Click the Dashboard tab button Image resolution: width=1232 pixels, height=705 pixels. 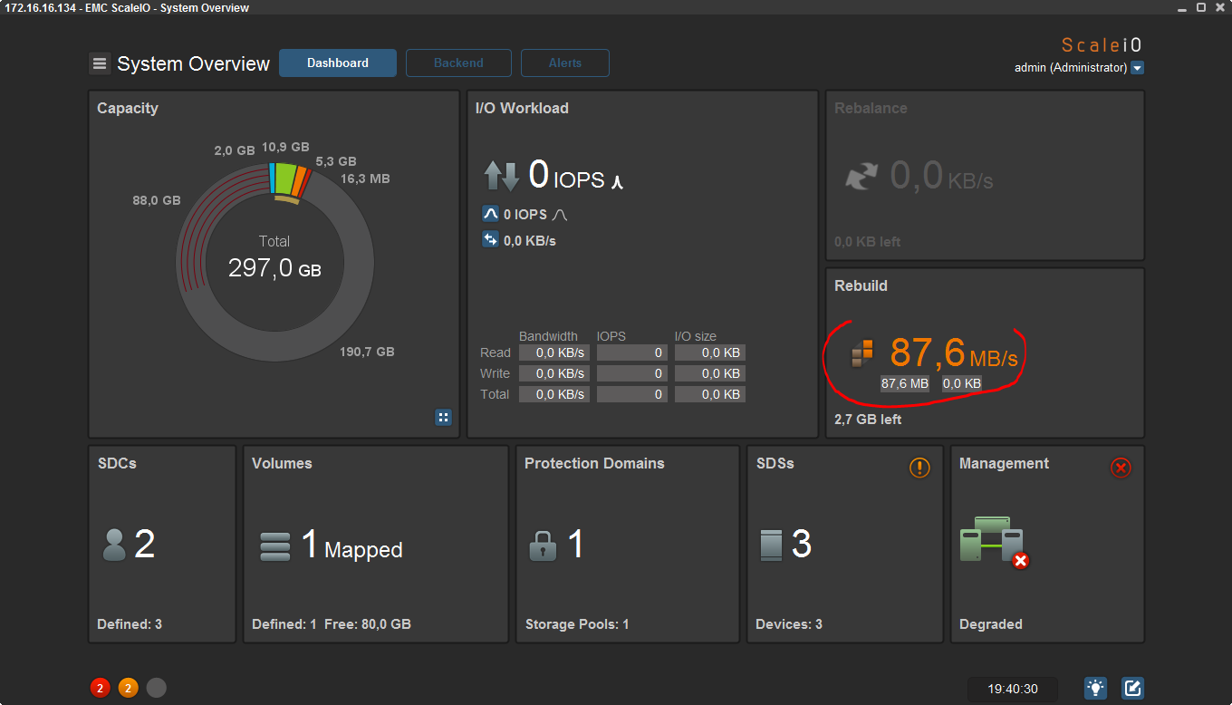tap(338, 63)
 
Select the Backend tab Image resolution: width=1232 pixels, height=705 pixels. tap(458, 63)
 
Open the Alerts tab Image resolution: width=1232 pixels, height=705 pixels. tap(565, 63)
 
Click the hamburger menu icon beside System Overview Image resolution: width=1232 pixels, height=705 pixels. tap(100, 63)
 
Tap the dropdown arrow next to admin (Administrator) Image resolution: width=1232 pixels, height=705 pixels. tap(1138, 68)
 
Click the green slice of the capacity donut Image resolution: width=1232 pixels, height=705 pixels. tap(285, 179)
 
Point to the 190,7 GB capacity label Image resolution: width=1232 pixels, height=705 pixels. tap(367, 352)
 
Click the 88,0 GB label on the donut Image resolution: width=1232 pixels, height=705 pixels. tap(156, 200)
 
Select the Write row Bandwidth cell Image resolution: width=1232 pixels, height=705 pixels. tap(553, 373)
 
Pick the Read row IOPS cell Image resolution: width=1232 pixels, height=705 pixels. tap(632, 352)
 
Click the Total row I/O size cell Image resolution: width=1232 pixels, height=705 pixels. tap(710, 394)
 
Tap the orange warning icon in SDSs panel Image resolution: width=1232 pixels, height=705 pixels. tap(919, 468)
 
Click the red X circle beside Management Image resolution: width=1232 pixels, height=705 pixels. tap(1121, 468)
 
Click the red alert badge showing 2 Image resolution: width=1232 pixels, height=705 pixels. tap(100, 688)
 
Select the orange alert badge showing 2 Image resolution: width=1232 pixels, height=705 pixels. tap(128, 688)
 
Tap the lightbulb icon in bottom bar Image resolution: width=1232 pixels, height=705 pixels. tap(1095, 688)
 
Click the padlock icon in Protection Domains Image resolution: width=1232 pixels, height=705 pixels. tap(543, 546)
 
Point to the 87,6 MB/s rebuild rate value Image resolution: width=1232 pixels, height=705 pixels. tap(954, 352)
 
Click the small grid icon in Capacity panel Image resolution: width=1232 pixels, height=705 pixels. tap(443, 418)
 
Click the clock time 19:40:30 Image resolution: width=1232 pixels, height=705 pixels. tap(1013, 689)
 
